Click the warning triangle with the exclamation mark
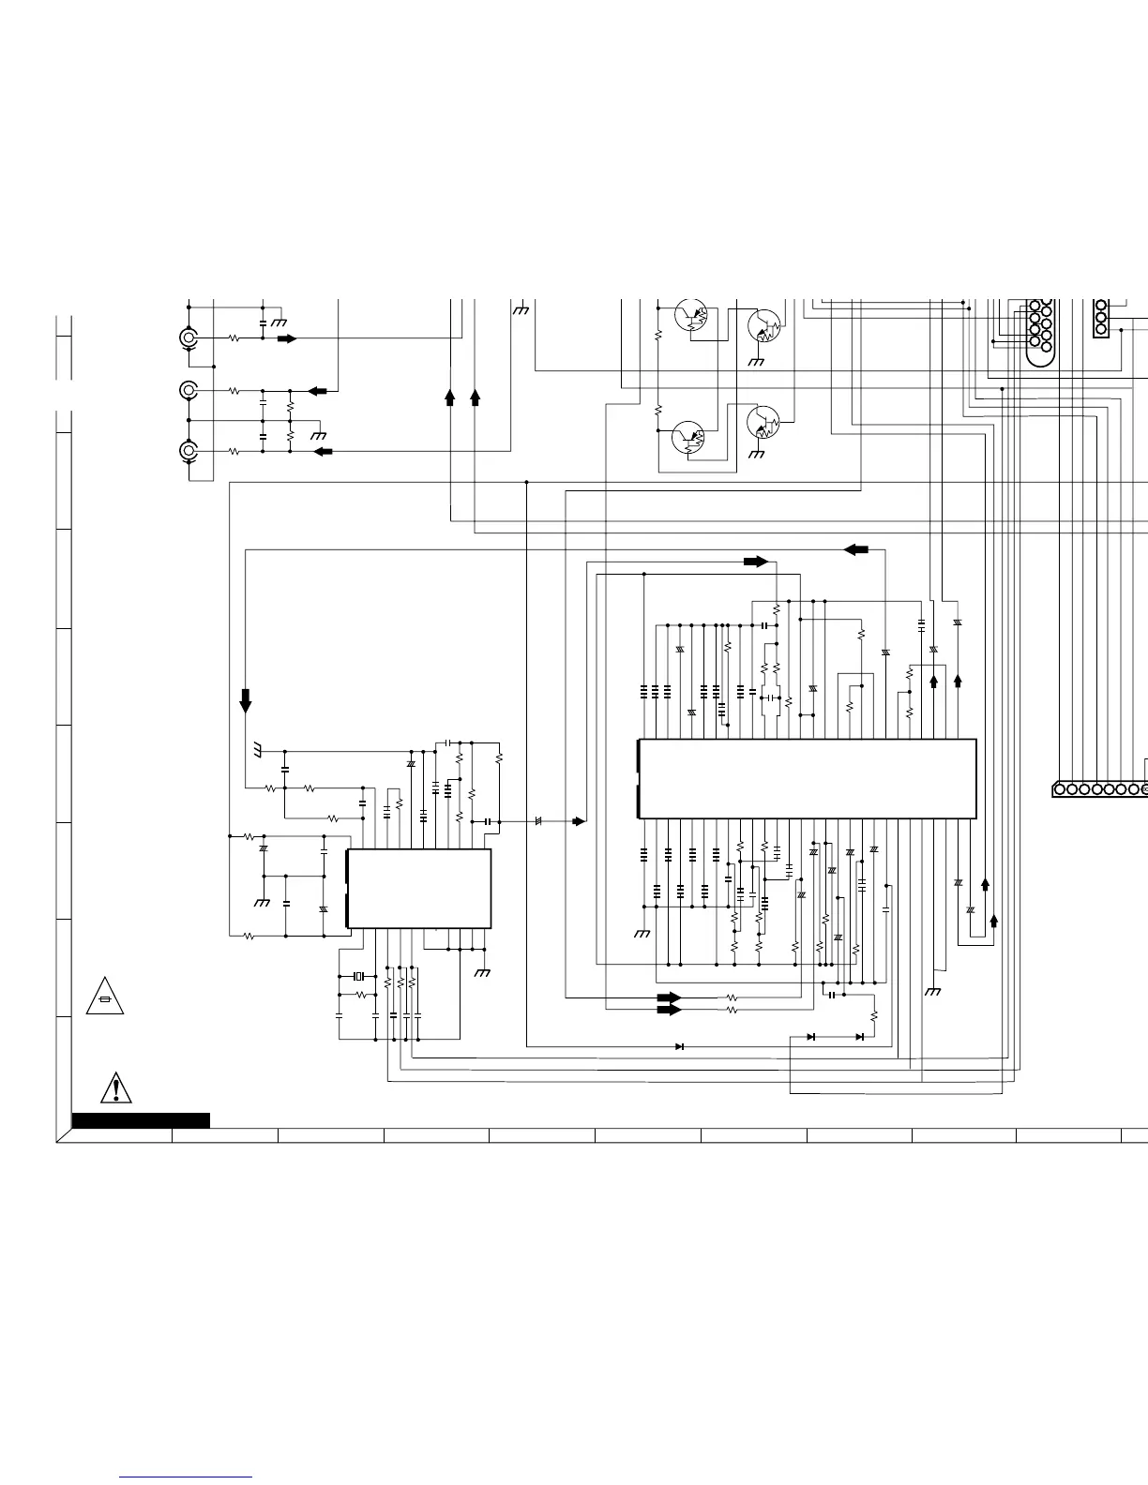[115, 1087]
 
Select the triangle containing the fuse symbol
[104, 997]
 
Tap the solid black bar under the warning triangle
[141, 1119]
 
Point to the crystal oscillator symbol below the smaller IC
[357, 977]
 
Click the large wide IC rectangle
[807, 779]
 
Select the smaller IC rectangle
[418, 889]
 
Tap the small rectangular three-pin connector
[1101, 318]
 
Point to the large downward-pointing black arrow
[246, 700]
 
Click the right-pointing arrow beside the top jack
[287, 338]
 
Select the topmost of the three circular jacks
[189, 338]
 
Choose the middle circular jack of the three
[189, 390]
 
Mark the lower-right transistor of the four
[763, 424]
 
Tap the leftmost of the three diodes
[679, 1046]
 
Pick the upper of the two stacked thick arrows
[669, 997]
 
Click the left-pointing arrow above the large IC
[856, 549]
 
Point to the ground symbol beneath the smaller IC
[482, 972]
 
